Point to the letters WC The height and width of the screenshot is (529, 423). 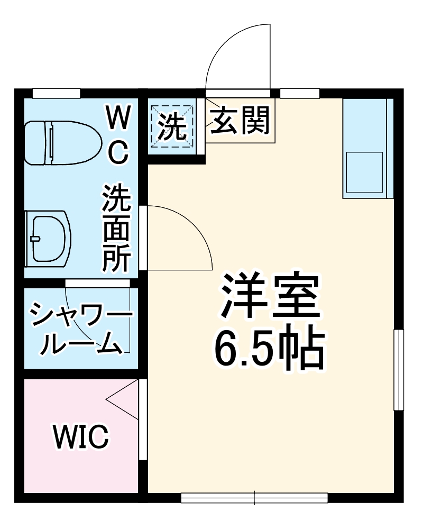click(x=118, y=135)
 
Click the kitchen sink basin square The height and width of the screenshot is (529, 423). click(x=364, y=172)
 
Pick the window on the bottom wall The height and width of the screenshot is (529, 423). click(x=254, y=497)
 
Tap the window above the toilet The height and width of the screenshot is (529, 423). click(x=56, y=94)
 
